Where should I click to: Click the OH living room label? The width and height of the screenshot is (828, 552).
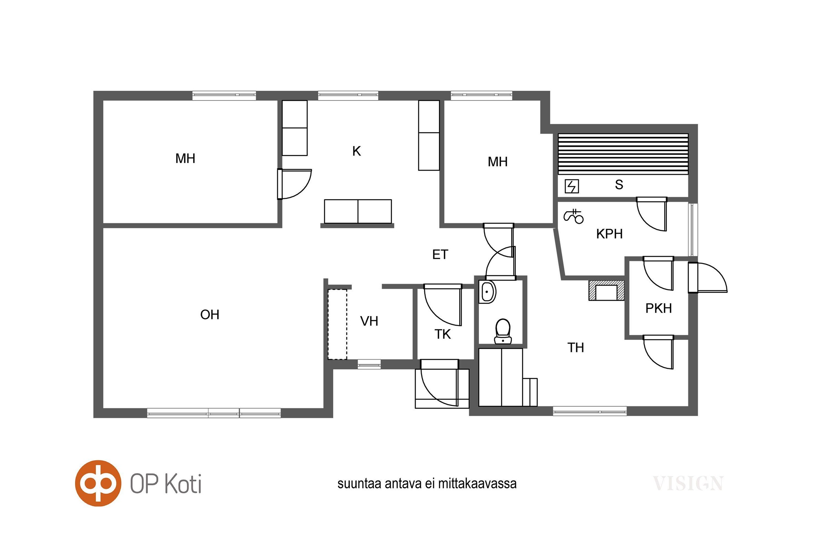pos(210,314)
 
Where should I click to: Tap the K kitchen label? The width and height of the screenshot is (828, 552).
pos(356,151)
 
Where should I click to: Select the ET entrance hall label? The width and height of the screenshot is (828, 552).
pos(440,255)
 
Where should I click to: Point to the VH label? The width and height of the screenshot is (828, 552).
pos(369,321)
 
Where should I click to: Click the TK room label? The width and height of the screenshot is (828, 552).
pos(443,334)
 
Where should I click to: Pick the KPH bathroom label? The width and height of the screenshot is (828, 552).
pos(609,234)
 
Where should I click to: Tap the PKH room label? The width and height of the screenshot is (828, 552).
pos(658,308)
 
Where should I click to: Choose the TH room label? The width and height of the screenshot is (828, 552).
pos(575,348)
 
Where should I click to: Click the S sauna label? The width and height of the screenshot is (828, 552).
pos(619,185)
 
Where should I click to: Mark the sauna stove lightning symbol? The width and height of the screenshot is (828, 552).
pos(572,186)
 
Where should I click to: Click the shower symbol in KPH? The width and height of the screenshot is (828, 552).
pos(573,216)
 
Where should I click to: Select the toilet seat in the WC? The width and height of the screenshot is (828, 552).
pos(503,331)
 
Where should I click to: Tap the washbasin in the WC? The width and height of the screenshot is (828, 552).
pos(487,292)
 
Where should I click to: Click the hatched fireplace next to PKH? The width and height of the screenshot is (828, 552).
pos(606,290)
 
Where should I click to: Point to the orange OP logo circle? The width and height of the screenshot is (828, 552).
pos(98,483)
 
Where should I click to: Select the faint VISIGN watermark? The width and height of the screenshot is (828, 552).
pos(688,483)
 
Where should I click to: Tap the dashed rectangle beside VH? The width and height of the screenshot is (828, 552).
pos(338,324)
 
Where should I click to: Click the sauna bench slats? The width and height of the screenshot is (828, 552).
pos(623,154)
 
